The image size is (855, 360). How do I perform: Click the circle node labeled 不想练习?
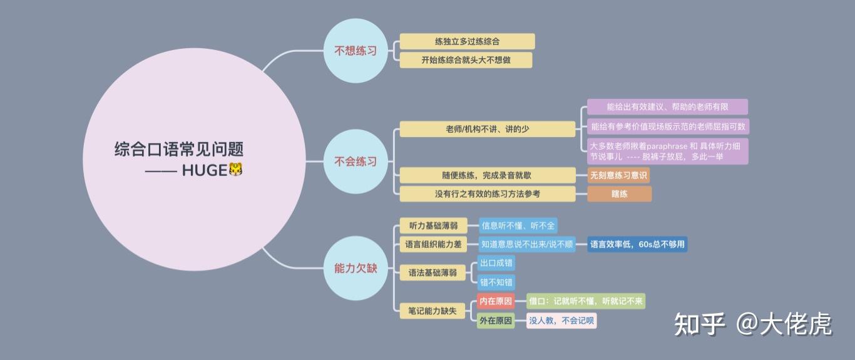(355, 51)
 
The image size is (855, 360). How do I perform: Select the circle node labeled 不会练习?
(355, 162)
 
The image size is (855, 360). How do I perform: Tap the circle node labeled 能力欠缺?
(355, 268)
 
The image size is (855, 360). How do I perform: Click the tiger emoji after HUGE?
(235, 170)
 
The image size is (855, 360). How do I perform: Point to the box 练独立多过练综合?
(467, 41)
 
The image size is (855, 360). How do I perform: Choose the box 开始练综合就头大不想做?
(466, 60)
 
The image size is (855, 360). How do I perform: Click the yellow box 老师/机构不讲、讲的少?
(487, 129)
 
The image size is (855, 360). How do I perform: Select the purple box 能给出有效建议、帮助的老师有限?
(667, 107)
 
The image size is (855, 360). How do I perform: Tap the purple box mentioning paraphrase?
(667, 151)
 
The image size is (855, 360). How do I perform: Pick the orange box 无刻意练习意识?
(618, 175)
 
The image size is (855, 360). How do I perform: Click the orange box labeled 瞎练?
(619, 194)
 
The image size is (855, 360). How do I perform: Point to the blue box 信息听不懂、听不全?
(518, 225)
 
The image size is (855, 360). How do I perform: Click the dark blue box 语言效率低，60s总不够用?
(637, 244)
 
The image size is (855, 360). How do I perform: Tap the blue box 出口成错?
(496, 263)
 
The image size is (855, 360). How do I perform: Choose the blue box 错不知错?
(496, 282)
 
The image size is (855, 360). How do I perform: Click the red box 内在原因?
(495, 302)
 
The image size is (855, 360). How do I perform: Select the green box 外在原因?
(495, 321)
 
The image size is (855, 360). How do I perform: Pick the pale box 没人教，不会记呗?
(561, 321)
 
